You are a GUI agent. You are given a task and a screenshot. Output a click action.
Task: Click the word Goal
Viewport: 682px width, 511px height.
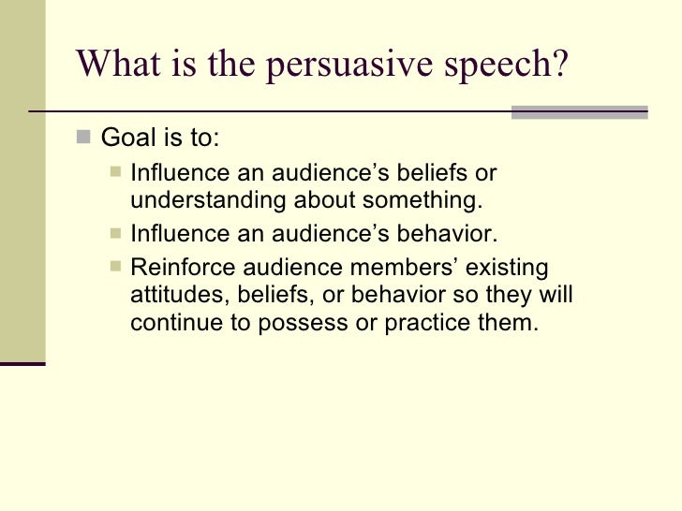(x=128, y=140)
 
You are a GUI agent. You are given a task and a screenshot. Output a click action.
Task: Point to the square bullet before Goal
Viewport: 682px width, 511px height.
(x=84, y=140)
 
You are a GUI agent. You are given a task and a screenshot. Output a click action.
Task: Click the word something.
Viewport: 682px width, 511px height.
(x=426, y=201)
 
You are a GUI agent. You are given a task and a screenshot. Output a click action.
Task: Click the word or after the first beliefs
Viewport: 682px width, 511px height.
(x=485, y=174)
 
